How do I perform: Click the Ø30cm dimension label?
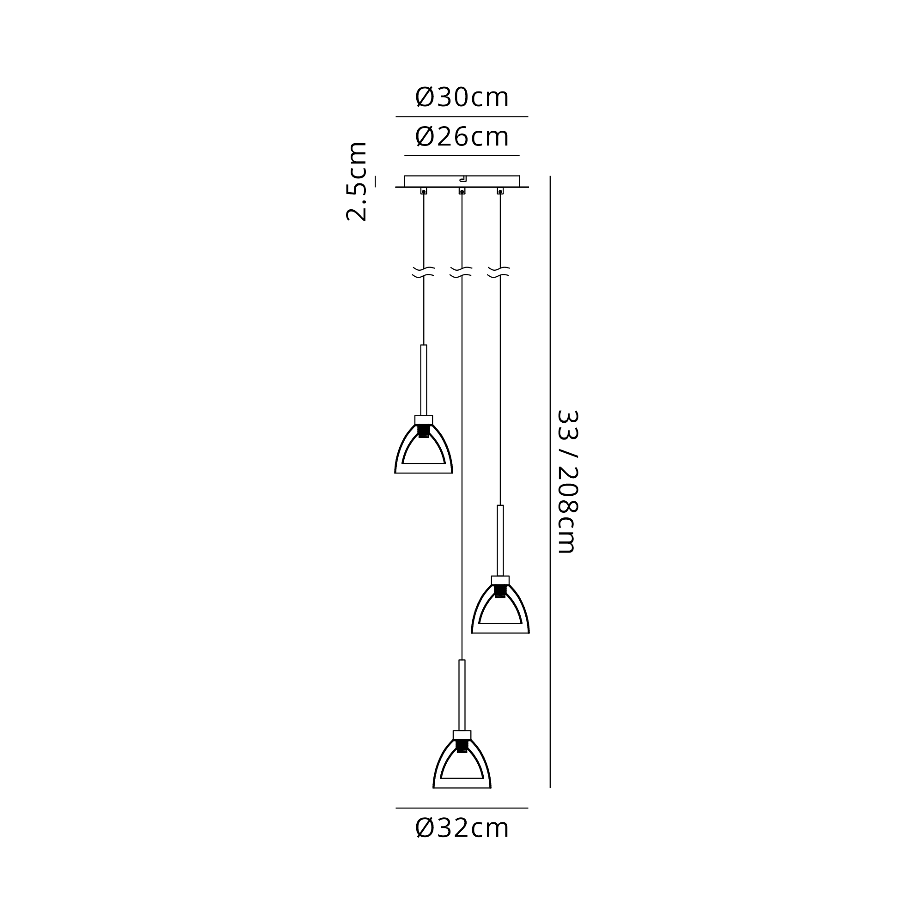click(x=462, y=97)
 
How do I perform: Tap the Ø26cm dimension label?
click(x=462, y=137)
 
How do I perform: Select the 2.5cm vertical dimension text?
click(x=356, y=182)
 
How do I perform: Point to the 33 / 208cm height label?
click(x=568, y=481)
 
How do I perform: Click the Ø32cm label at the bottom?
click(x=462, y=828)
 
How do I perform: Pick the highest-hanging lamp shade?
click(x=424, y=452)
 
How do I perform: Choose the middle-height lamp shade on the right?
click(x=500, y=612)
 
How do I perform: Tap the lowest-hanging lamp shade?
click(x=462, y=766)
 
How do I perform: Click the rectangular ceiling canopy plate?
click(x=462, y=181)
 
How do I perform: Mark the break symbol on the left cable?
click(x=423, y=272)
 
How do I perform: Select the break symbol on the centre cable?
click(x=461, y=272)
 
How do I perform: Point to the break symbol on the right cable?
click(x=499, y=272)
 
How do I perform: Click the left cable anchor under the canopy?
click(x=424, y=191)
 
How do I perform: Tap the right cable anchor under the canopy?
click(x=500, y=191)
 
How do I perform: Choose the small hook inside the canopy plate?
click(x=463, y=179)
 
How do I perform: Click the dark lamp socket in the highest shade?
click(x=424, y=431)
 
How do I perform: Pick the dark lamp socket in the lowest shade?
click(x=462, y=746)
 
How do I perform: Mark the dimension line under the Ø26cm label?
click(x=462, y=155)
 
